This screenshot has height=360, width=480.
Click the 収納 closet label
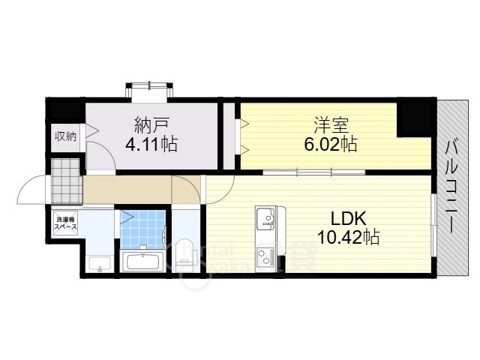point(65,136)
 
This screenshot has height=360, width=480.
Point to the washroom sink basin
point(98,263)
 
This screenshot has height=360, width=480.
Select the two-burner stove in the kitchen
point(266,257)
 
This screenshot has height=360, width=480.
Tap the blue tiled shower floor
point(142,230)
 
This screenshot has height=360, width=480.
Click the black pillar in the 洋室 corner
point(412,116)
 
